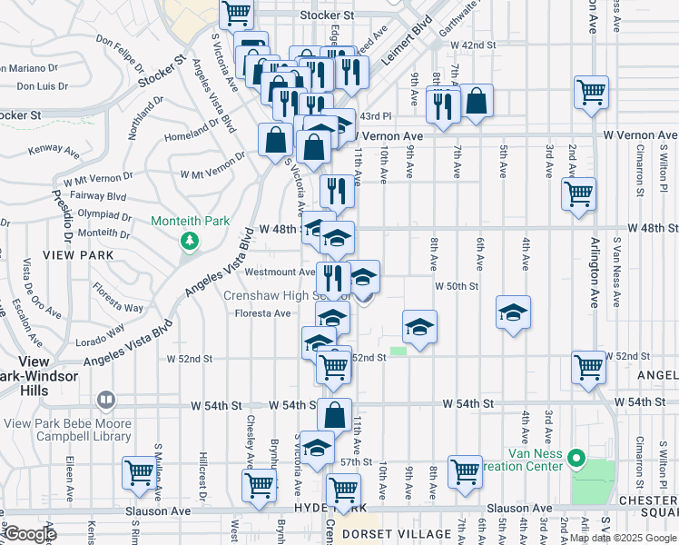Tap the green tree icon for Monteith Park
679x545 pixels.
[x=189, y=242]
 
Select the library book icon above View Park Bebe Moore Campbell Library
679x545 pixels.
[x=106, y=400]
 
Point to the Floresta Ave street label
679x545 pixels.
[x=263, y=313]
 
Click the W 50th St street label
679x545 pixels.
[x=456, y=286]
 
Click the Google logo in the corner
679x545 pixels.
[x=30, y=534]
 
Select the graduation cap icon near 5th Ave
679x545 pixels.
[x=513, y=312]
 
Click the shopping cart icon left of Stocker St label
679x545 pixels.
[x=236, y=13]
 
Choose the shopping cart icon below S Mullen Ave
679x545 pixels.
[x=140, y=472]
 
